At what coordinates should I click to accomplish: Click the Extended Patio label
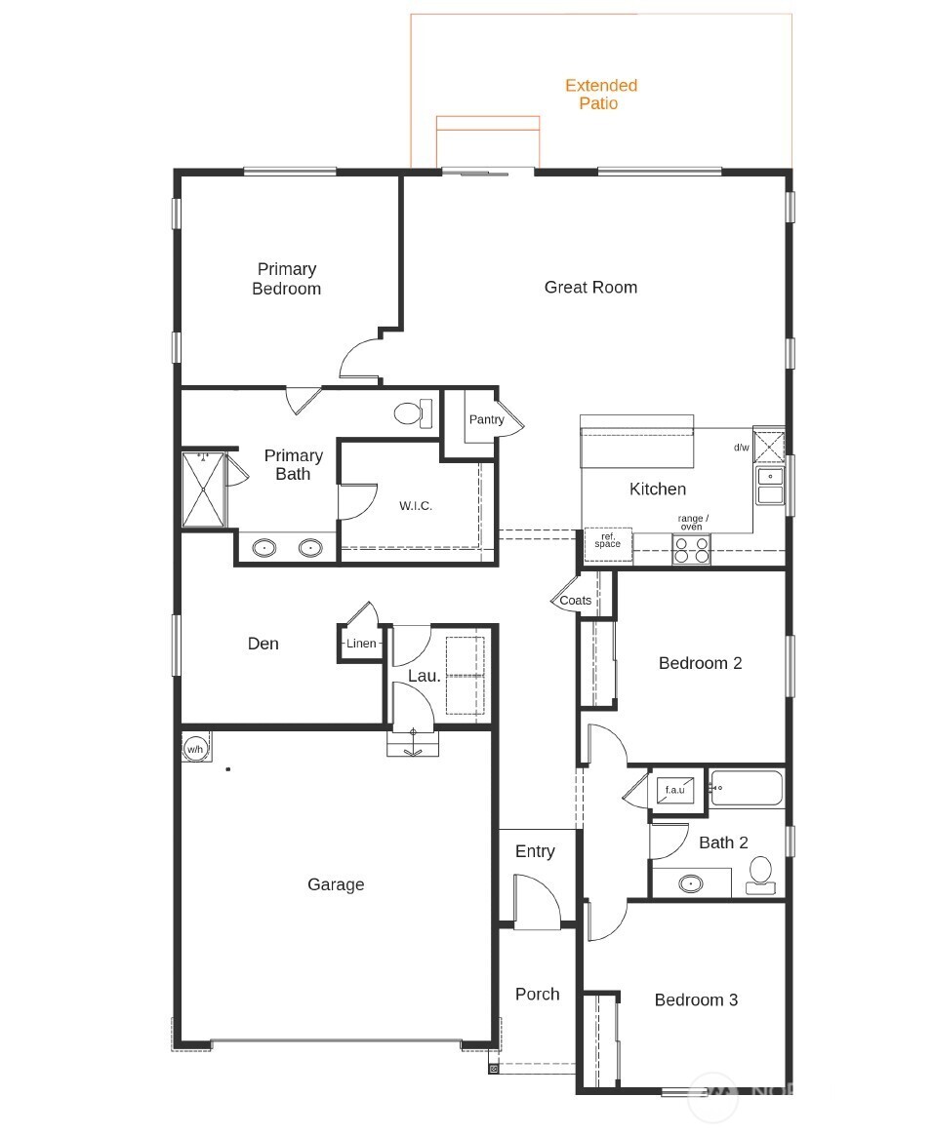(x=600, y=95)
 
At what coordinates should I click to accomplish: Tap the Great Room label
(x=590, y=287)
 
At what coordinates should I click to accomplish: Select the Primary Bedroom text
(x=286, y=279)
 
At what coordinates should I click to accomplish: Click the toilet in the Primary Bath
(x=414, y=412)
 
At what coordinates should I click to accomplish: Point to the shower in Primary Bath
(x=204, y=490)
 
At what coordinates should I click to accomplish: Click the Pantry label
(x=486, y=419)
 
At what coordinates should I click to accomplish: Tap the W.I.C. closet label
(x=416, y=506)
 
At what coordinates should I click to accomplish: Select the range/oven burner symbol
(x=691, y=550)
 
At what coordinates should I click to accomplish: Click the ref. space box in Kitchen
(x=608, y=543)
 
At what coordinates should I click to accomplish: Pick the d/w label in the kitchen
(x=742, y=448)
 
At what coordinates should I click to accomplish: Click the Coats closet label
(x=575, y=601)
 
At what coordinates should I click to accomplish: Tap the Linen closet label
(x=361, y=644)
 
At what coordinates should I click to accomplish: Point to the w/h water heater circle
(x=195, y=749)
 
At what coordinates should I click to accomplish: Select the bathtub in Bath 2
(x=747, y=788)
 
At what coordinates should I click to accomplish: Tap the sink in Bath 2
(x=691, y=884)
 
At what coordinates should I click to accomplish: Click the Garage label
(x=336, y=884)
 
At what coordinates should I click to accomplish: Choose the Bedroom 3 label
(x=696, y=999)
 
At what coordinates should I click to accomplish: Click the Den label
(x=263, y=644)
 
